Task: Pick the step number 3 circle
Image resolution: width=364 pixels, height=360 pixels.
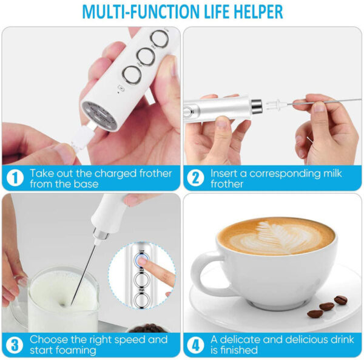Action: click(14, 345)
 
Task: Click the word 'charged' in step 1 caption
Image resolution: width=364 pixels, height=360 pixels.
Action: click(107, 174)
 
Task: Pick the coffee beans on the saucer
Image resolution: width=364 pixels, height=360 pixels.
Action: click(327, 307)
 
